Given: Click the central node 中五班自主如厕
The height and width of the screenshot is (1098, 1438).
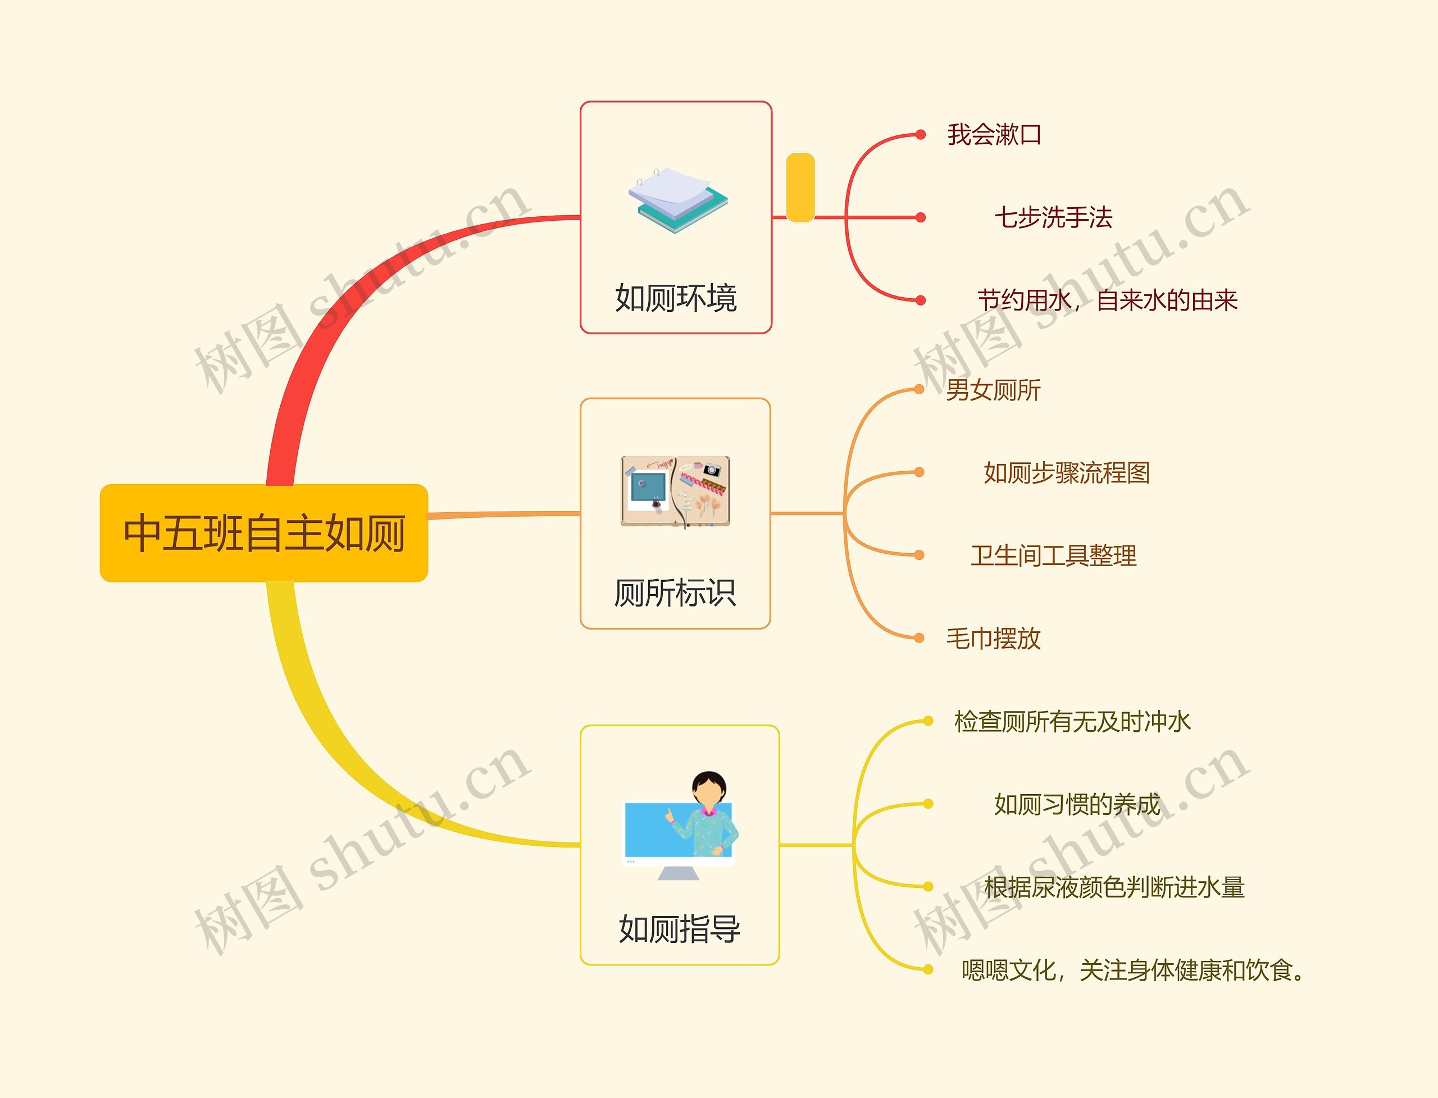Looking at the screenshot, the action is (264, 532).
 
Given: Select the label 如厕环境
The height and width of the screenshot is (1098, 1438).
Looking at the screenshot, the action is (676, 298).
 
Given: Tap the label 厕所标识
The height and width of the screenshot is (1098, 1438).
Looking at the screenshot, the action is (675, 593).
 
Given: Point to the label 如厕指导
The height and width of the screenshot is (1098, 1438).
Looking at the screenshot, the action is (680, 929).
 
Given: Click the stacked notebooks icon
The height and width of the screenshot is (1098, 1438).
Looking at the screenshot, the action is (678, 200).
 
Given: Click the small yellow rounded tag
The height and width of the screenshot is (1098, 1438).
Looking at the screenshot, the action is (800, 188).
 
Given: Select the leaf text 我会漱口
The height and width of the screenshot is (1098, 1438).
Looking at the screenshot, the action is (994, 135).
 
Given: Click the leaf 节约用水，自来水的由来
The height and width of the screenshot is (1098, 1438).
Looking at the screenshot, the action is (1107, 300).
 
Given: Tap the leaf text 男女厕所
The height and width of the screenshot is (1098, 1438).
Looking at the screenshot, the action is (994, 390).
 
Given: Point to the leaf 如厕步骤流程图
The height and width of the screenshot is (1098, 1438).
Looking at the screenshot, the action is (1066, 472).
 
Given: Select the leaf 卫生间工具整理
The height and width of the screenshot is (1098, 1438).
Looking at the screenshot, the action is (1053, 555).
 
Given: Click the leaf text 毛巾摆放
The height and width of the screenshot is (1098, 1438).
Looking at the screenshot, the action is (994, 639).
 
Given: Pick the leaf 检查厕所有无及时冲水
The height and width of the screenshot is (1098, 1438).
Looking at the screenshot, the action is (1072, 722).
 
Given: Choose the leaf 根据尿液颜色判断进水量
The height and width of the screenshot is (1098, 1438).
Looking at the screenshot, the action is (1114, 887).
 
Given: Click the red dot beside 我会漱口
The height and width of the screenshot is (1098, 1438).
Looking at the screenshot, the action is (920, 135).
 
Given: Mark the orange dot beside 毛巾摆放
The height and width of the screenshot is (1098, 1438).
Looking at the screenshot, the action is (919, 638).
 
